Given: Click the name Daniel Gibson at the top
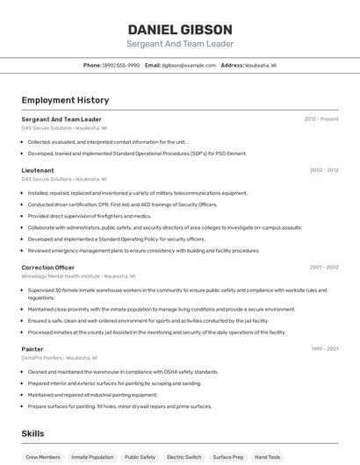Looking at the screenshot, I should (180, 29).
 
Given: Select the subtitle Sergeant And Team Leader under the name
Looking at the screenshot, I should (180, 44).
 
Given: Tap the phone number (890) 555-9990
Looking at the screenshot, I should (121, 65).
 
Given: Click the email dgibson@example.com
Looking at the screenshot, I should (189, 65).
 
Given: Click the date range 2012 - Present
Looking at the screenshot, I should (321, 118).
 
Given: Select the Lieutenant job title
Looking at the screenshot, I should (38, 170).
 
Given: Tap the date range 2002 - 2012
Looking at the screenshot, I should (324, 170).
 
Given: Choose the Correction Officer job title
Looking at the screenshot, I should (48, 267).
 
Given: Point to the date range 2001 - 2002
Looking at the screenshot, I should (324, 267).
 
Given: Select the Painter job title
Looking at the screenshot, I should (32, 349).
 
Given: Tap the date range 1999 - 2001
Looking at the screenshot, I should (324, 349).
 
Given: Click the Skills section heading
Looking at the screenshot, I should (33, 433).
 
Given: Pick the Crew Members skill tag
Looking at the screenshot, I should (43, 457).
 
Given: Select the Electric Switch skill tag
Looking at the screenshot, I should (184, 457).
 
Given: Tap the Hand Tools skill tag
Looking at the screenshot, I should (268, 457).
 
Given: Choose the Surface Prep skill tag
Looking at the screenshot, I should (227, 457).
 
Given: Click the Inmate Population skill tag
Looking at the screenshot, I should (92, 457).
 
